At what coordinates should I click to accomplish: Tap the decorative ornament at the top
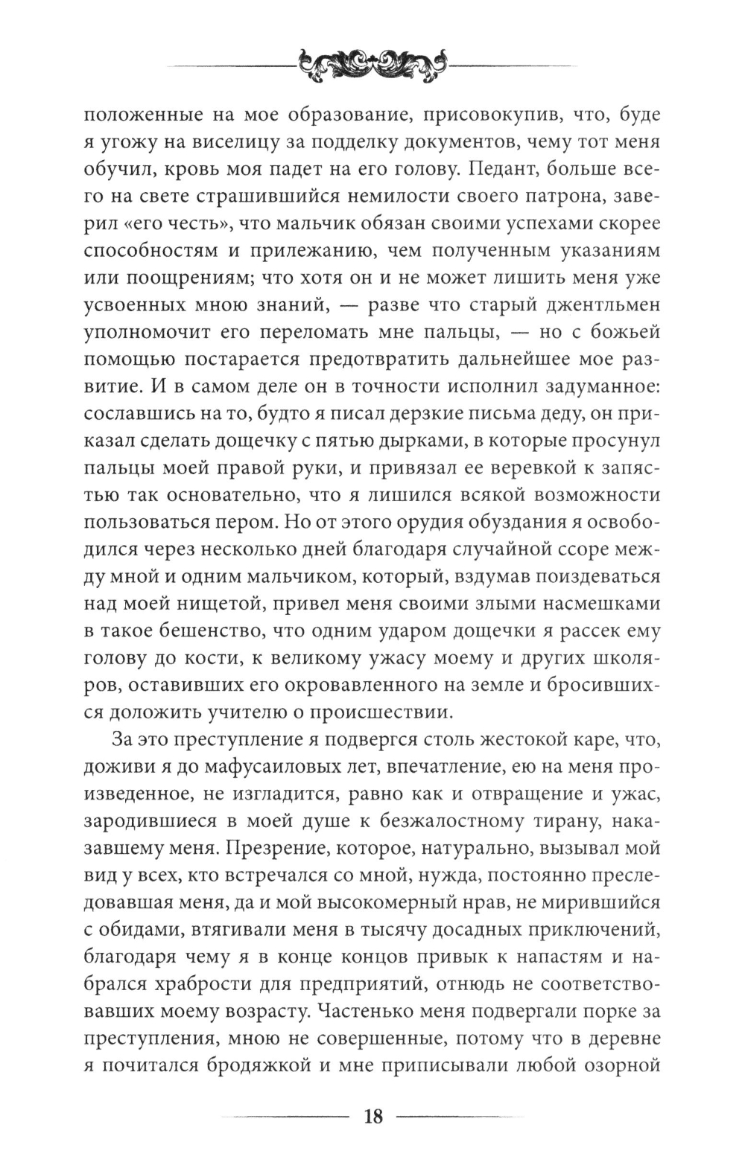click(372, 66)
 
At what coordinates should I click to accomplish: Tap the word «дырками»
click(400, 441)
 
